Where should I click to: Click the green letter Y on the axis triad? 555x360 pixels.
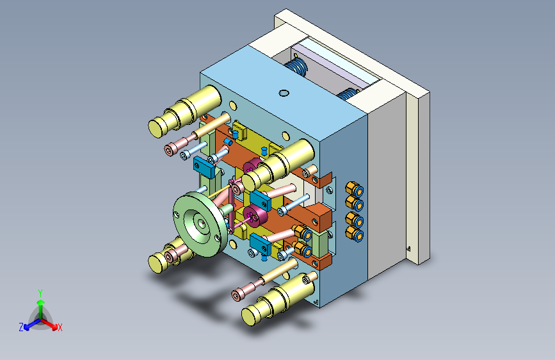pyautogui.click(x=40, y=293)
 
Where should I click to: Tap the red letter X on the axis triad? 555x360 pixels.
pyautogui.click(x=60, y=328)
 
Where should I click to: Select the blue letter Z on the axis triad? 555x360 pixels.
pyautogui.click(x=21, y=327)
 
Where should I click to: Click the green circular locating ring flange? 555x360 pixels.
pyautogui.click(x=200, y=224)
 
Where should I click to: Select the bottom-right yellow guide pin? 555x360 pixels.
pyautogui.click(x=278, y=299)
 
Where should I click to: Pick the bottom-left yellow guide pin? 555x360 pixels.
pyautogui.click(x=170, y=256)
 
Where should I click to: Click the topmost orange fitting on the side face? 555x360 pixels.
pyautogui.click(x=354, y=189)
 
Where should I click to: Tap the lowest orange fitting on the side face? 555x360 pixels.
pyautogui.click(x=354, y=234)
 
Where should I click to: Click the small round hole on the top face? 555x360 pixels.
pyautogui.click(x=284, y=93)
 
